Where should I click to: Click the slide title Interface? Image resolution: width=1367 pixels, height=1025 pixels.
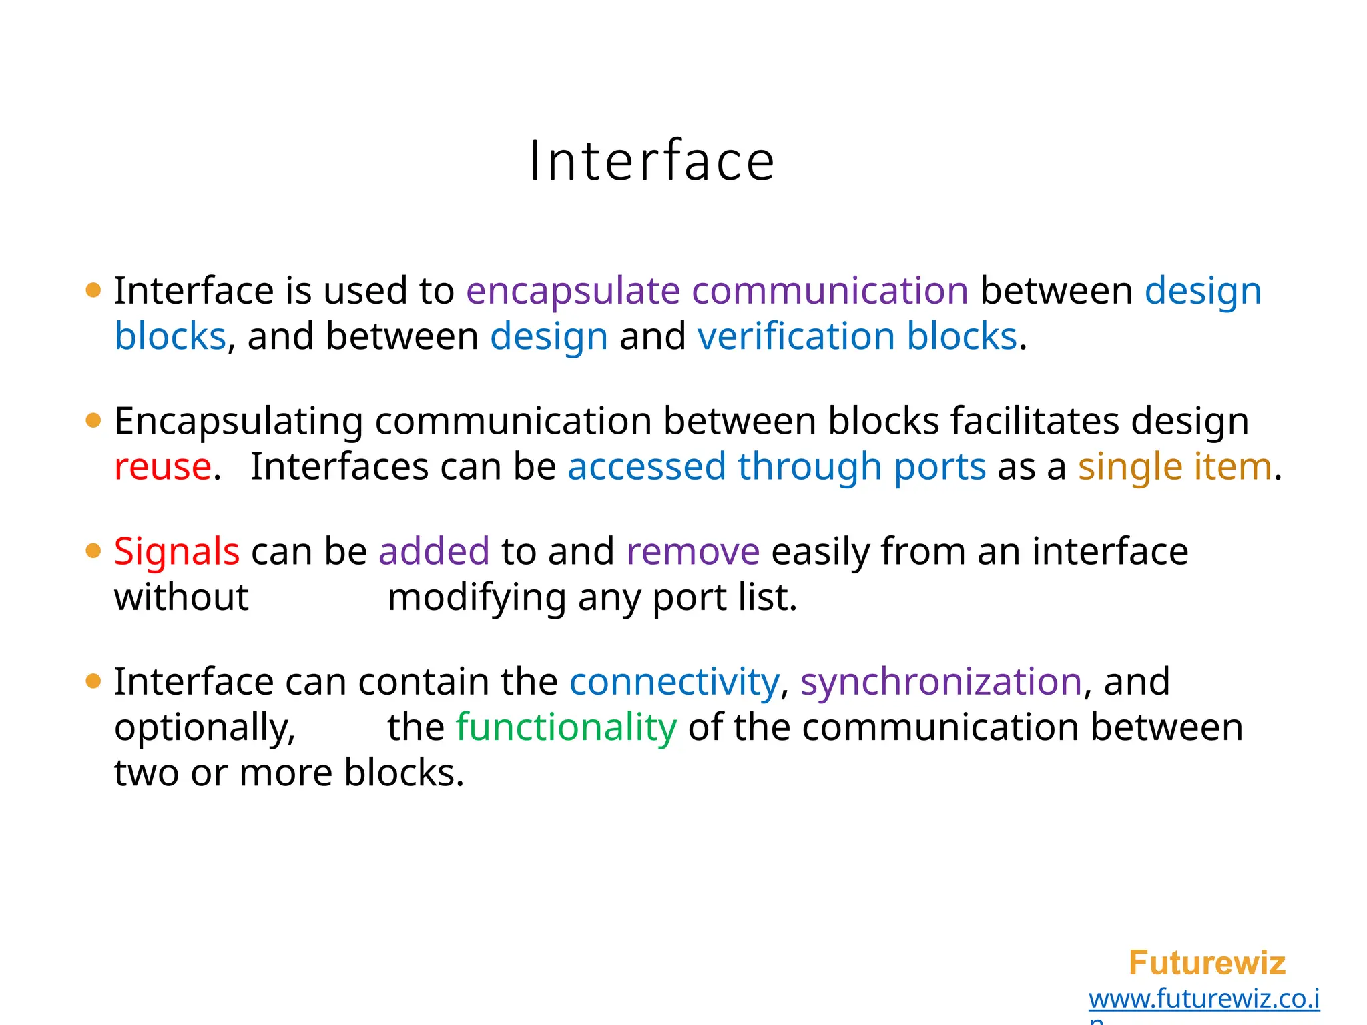click(x=651, y=161)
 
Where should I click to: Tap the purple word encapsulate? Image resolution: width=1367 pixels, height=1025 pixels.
click(x=573, y=291)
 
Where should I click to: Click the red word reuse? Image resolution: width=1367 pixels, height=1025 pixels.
click(x=163, y=466)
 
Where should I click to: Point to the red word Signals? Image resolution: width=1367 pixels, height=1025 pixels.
click(x=177, y=552)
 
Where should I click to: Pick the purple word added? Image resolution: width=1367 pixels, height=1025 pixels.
click(x=434, y=552)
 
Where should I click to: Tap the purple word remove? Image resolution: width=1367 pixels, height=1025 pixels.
click(x=693, y=552)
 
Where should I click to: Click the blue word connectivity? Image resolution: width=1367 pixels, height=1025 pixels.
click(x=674, y=682)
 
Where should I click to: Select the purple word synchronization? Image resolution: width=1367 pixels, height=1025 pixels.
click(x=941, y=682)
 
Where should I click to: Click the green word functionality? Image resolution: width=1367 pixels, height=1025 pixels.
click(x=566, y=727)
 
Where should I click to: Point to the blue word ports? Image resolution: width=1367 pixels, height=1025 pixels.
click(x=940, y=466)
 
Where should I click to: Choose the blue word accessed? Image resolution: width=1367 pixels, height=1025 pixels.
click(x=646, y=466)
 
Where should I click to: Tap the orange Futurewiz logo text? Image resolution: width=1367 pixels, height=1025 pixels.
click(x=1207, y=963)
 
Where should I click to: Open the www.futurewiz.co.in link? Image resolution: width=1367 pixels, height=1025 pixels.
click(x=1204, y=999)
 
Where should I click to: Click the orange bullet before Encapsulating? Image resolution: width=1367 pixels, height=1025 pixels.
click(x=93, y=421)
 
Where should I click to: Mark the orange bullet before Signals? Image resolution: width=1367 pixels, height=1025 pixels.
click(x=93, y=552)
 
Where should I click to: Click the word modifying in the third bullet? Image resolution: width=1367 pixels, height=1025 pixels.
click(x=477, y=597)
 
